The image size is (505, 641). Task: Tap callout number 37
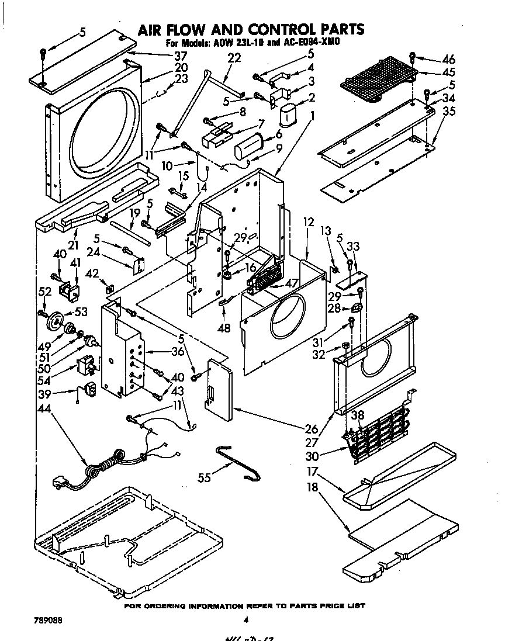pos(180,57)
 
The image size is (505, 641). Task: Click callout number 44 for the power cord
pos(43,410)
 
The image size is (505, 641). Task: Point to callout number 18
pos(312,488)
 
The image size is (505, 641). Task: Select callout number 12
pos(309,222)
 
